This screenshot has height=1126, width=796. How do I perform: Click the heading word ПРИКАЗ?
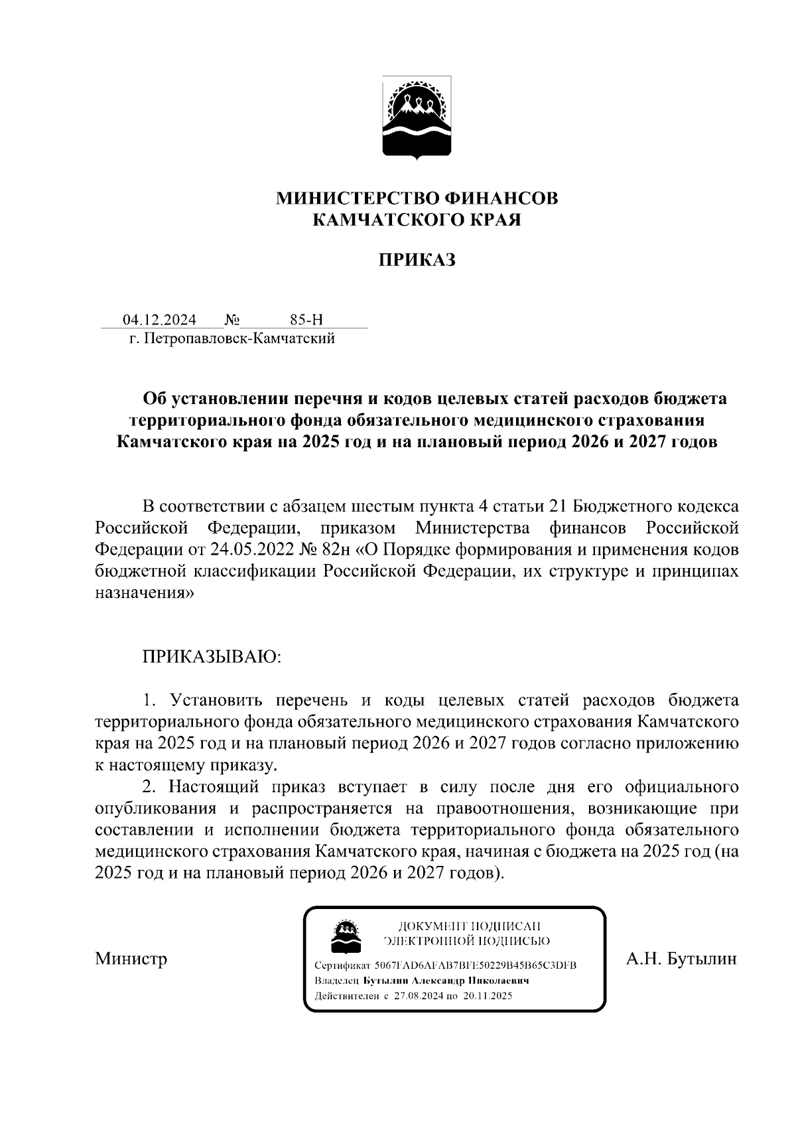pyautogui.click(x=417, y=260)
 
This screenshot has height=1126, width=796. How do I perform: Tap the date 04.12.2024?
pyautogui.click(x=159, y=320)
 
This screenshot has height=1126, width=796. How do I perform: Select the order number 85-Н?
pyautogui.click(x=306, y=320)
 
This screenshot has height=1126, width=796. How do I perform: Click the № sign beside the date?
pyautogui.click(x=232, y=320)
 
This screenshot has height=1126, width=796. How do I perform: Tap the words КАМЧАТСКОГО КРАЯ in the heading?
pyautogui.click(x=417, y=219)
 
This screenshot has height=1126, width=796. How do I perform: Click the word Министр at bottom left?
pyautogui.click(x=131, y=959)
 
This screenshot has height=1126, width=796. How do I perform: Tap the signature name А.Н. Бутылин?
pyautogui.click(x=681, y=959)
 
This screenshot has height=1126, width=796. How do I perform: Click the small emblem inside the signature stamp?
pyautogui.click(x=346, y=935)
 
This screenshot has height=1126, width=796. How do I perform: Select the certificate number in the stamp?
pyautogui.click(x=475, y=965)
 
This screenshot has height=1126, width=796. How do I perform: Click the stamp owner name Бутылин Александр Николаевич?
pyautogui.click(x=446, y=981)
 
